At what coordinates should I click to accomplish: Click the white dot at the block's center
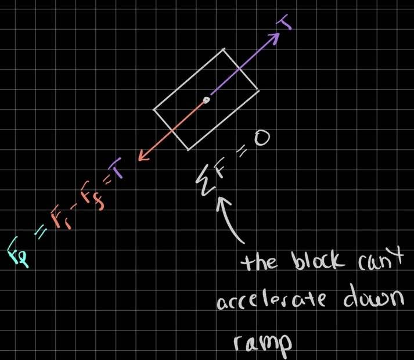[206, 101]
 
